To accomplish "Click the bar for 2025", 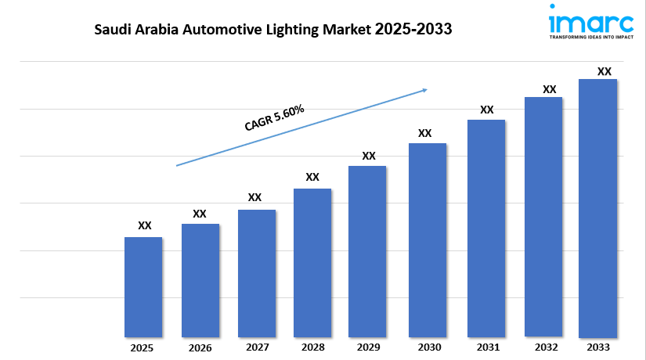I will click(143, 286).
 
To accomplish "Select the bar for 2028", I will click(312, 262).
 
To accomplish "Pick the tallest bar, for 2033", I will click(597, 207).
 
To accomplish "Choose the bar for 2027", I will click(256, 273).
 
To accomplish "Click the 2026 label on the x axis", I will click(200, 347).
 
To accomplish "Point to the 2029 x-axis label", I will click(368, 347).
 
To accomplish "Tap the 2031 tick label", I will click(486, 347).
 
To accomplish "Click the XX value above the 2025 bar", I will click(144, 225).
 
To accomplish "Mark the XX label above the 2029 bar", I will click(369, 156).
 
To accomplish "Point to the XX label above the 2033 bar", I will click(604, 71).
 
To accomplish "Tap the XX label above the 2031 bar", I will click(487, 110).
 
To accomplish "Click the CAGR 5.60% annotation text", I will click(274, 117).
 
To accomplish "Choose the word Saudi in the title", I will click(112, 30).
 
